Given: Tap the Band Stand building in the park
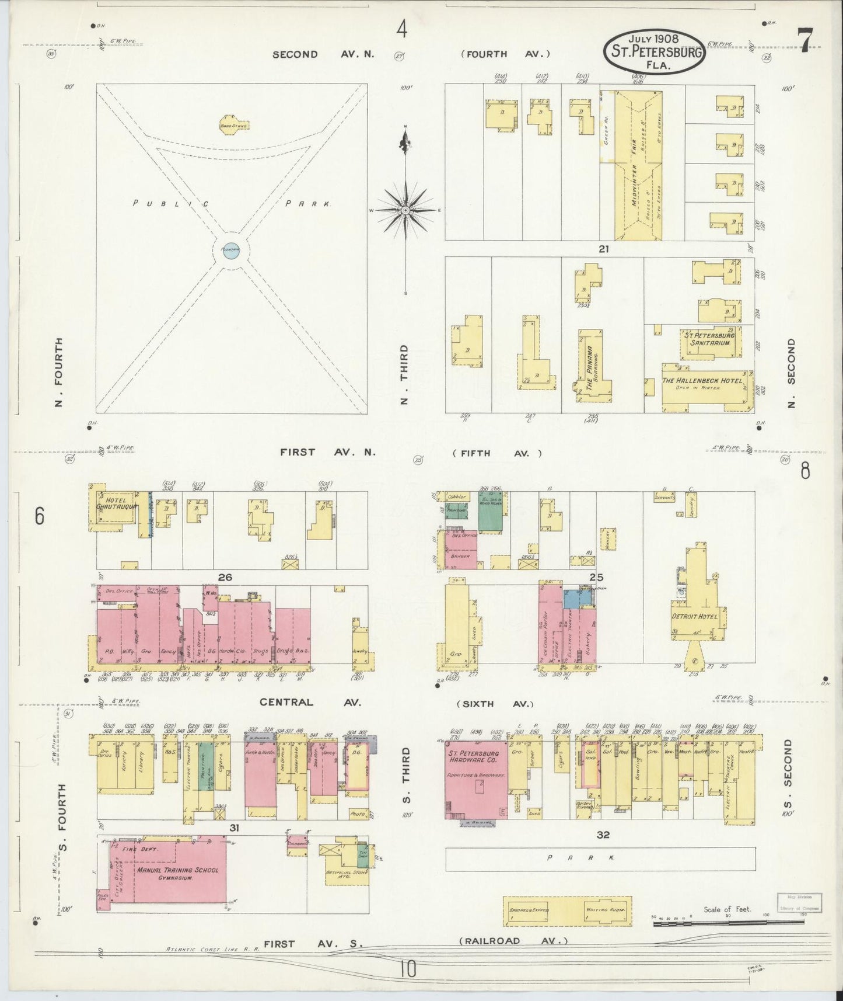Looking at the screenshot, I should [234, 124].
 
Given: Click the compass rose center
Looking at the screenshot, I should [405, 210].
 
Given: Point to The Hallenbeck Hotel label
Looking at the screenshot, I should [702, 381].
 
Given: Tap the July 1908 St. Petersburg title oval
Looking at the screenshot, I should [654, 52].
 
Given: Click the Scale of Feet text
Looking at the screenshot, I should [727, 909].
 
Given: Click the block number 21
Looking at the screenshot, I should [603, 249].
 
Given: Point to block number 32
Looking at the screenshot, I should [603, 835].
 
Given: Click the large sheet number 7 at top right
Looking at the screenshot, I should [804, 41].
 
